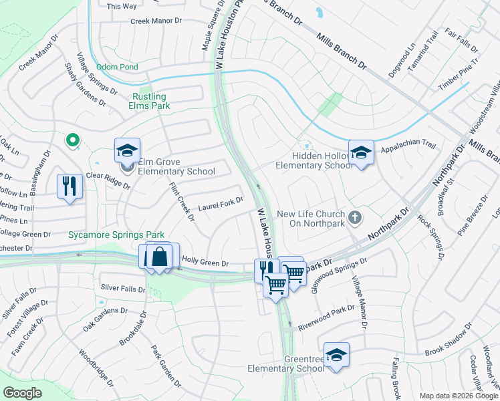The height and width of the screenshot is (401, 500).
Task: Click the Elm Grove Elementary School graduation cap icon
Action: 126,150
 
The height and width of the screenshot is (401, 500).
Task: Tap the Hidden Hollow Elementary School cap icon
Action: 361,152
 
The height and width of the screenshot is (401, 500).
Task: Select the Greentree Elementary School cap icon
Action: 337,354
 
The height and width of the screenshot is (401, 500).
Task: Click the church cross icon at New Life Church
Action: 355,217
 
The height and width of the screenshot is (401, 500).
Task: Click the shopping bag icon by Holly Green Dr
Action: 160,257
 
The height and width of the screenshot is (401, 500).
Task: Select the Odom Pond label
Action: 117,68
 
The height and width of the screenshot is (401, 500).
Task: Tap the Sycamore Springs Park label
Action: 107,235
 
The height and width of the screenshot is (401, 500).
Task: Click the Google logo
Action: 23,392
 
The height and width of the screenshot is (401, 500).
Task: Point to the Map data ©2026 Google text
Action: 459,396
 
